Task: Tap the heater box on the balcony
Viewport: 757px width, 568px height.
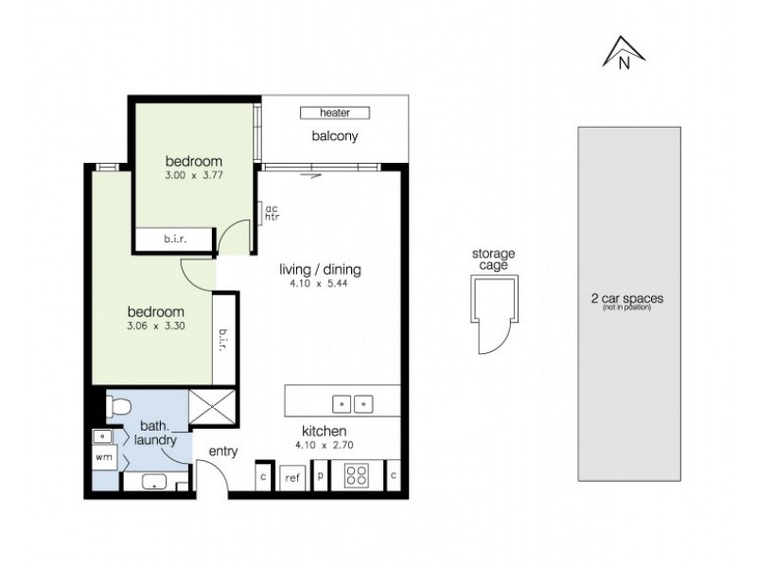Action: coord(335,113)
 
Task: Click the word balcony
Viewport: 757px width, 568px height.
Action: coord(335,136)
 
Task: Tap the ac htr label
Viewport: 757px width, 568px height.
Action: coord(271,213)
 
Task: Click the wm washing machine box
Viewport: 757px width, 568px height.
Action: coord(104,456)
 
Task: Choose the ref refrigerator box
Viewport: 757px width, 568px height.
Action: coord(292,478)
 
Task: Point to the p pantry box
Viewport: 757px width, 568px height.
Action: coord(321,476)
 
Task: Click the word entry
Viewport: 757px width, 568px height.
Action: coord(223,452)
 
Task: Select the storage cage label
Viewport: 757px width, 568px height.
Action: coord(493,259)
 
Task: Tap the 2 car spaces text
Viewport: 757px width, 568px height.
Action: coord(626,298)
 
